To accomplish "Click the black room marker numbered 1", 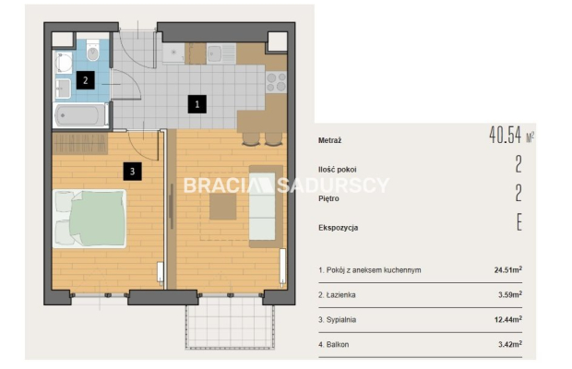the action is click(197, 104).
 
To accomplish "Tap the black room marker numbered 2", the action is click(86, 80).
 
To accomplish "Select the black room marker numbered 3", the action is click(133, 171).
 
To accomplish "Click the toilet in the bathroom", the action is click(93, 51).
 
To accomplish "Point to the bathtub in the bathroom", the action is click(80, 115).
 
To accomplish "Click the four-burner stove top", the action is click(276, 82).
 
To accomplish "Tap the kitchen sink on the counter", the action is click(221, 54).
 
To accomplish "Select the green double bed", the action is click(89, 219).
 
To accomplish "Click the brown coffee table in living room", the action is click(223, 207).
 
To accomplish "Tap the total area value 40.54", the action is click(506, 135).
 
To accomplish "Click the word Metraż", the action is click(329, 140).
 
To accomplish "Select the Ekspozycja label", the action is click(339, 228).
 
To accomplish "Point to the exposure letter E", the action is click(519, 222).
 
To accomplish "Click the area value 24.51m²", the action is click(508, 270).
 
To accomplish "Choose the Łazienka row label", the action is click(337, 295).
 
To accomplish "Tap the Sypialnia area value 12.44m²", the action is click(508, 320).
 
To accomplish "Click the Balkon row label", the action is click(333, 345).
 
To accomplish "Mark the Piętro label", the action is click(328, 198).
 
